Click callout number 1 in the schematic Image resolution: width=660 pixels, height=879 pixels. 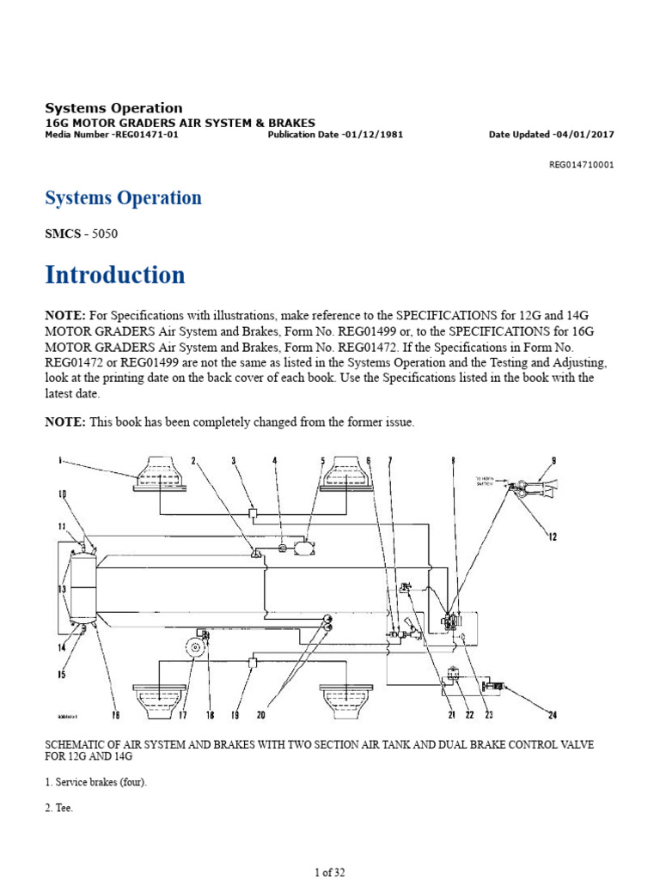coord(61,461)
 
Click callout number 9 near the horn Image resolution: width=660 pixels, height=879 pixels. coord(553,461)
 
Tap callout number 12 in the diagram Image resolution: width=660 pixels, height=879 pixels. coord(552,537)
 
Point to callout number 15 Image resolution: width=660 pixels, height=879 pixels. coord(61,675)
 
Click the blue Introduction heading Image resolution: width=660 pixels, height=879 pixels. coord(114,276)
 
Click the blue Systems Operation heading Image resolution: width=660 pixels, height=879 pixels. coord(123,198)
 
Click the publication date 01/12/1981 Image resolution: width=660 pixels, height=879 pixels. coord(372,135)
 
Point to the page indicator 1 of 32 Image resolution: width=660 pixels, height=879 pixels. coord(330,872)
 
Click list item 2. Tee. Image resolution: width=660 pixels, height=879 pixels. coord(59,808)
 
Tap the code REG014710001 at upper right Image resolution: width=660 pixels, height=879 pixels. coord(581,165)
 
